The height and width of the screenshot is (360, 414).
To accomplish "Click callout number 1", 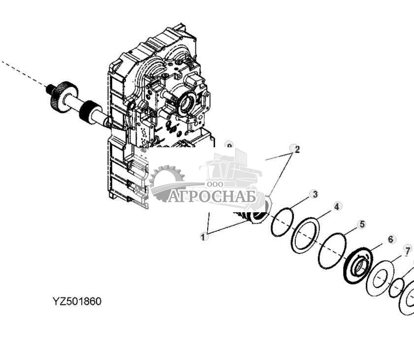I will point(203,237).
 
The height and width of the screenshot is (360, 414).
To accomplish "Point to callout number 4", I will point(337,207).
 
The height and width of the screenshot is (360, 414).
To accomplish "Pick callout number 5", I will point(362,225).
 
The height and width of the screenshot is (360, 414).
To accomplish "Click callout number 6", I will point(391,239).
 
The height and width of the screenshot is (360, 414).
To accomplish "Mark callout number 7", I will point(407,251).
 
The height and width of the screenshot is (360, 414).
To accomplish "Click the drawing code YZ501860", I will point(77,301).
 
